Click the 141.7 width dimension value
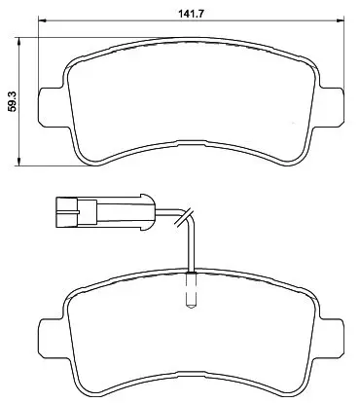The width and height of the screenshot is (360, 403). point(191,14)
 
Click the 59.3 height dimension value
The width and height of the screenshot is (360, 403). point(13,101)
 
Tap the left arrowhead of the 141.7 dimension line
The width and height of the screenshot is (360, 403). point(43,21)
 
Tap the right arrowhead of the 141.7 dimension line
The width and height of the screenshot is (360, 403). point(341,21)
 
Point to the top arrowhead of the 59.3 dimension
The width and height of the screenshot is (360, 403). point(19,42)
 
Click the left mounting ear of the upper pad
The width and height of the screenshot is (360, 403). point(51,107)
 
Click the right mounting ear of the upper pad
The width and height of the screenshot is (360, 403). point(332,106)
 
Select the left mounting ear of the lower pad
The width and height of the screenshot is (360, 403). point(51,339)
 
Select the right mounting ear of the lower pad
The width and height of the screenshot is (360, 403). point(332,338)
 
